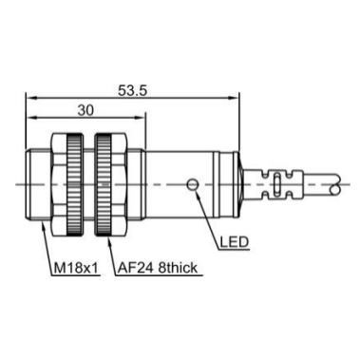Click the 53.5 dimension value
132,91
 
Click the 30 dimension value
85,110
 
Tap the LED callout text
235,242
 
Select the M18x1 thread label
76,268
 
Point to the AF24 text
136,268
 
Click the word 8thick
178,268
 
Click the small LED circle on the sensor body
192,184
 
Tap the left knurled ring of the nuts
75,184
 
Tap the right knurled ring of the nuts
104,184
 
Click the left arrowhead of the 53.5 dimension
29,98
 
